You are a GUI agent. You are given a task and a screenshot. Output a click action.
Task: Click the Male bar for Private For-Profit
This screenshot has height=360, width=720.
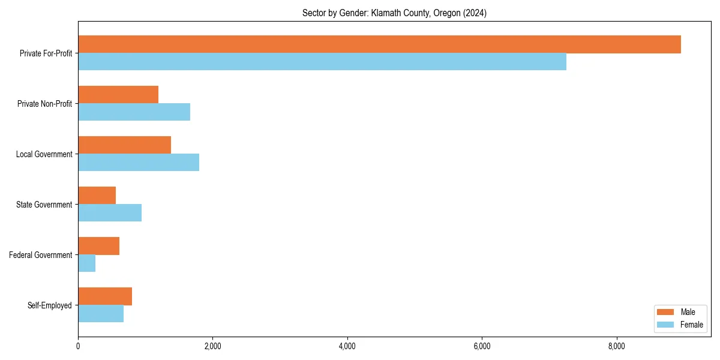[x=379, y=44]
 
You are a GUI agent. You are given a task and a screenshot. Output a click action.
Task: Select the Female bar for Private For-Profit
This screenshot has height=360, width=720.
[x=322, y=62]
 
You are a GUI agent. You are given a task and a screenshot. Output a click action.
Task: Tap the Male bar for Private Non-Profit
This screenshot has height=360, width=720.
[x=118, y=95]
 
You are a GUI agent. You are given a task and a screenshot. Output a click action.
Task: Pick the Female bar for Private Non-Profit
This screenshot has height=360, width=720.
[x=134, y=112]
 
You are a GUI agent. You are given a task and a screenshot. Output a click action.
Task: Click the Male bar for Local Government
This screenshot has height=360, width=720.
[x=124, y=145]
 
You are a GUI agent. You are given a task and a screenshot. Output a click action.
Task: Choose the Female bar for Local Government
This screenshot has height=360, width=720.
[x=139, y=163]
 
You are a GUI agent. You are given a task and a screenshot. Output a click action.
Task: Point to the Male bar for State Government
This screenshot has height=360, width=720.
[x=97, y=196]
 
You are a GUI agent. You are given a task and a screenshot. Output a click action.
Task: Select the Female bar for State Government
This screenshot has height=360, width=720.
[x=110, y=213]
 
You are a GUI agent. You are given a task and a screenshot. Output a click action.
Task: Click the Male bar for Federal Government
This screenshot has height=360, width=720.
[x=98, y=246]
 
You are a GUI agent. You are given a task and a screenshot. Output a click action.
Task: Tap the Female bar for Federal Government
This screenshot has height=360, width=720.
[x=86, y=263]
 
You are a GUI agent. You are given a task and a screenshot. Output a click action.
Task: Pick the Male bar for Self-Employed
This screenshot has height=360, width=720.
[x=105, y=296]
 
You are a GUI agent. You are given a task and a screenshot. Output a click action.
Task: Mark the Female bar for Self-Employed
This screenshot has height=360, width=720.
[x=101, y=314]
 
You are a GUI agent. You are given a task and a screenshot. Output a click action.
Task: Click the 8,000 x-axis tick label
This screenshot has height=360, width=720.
[x=617, y=346]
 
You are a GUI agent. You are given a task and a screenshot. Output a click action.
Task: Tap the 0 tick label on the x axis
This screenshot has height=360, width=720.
[x=78, y=346]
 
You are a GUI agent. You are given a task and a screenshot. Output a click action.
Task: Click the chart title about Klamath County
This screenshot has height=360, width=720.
[x=394, y=13]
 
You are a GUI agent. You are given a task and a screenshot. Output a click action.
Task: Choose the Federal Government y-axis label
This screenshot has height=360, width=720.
[x=41, y=255]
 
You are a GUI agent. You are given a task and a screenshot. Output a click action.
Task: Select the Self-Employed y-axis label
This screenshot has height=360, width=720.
[x=50, y=305]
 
